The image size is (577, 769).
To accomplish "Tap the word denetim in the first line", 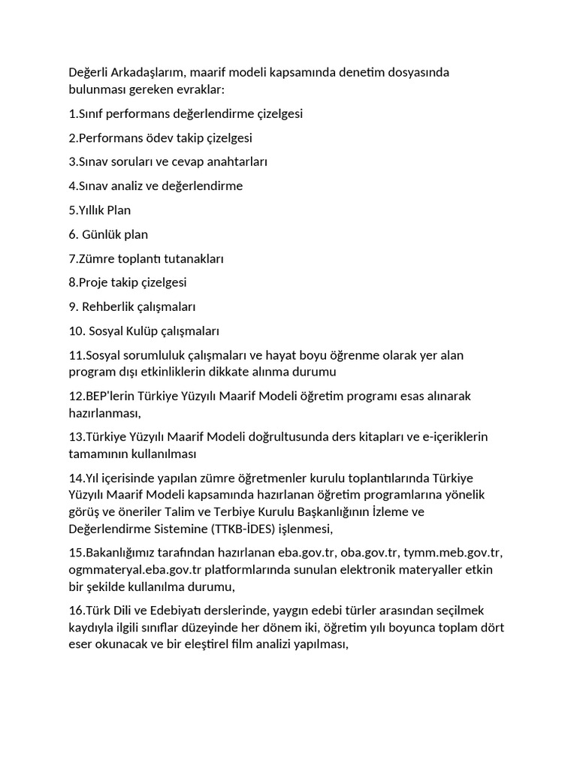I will (x=363, y=72).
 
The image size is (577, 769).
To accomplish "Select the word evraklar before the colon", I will (x=196, y=89).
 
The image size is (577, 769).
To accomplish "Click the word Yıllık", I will (x=91, y=210).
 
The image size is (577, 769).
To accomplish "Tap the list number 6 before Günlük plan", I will (x=72, y=234).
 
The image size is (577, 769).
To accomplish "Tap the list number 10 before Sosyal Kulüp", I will (x=76, y=331).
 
